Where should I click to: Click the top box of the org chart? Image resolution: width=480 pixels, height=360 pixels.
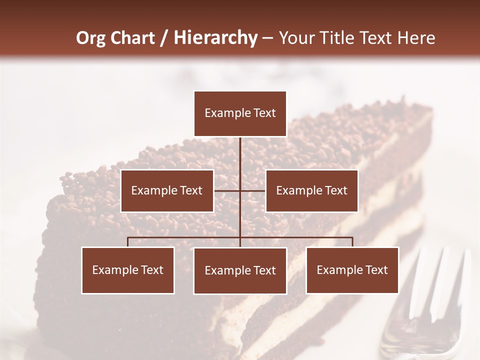(240, 113)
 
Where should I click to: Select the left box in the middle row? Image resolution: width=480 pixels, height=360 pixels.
(167, 190)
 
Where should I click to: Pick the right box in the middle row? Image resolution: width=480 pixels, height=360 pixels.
(311, 190)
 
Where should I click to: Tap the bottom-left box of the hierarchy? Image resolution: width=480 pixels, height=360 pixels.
(128, 270)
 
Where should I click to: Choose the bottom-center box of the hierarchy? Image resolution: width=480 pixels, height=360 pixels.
(240, 270)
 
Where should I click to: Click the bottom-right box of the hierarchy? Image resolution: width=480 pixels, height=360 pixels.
(352, 270)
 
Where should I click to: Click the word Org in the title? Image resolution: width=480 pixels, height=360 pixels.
(91, 38)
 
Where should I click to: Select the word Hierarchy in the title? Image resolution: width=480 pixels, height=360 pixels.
(215, 38)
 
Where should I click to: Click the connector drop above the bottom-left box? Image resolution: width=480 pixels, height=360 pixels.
(128, 242)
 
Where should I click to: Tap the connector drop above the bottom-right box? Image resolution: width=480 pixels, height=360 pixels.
(352, 242)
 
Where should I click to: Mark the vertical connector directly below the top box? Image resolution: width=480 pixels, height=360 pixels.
(240, 155)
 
